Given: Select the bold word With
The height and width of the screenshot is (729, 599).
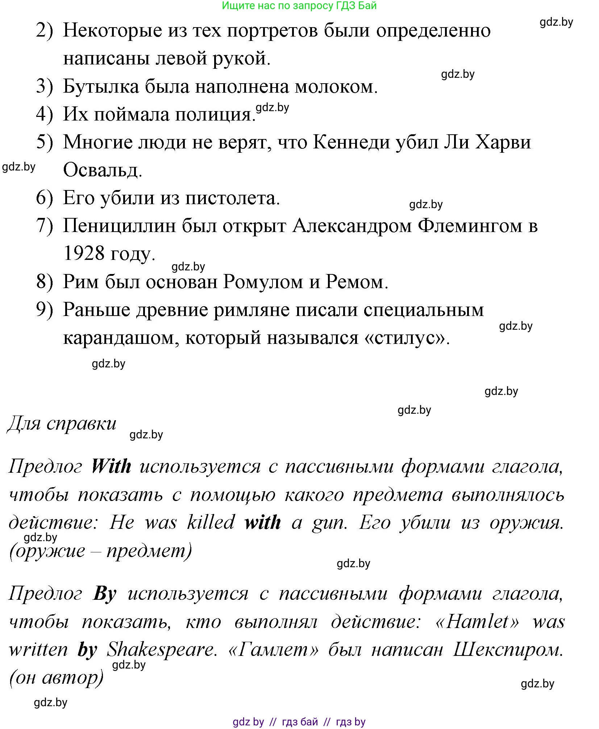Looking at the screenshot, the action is pos(111,466).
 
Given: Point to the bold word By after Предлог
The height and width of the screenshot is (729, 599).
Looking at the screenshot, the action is pos(105,594).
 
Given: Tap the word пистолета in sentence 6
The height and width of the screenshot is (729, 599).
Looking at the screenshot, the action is pos(232,198).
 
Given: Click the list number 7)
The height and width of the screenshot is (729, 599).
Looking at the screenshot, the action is pos(44,226).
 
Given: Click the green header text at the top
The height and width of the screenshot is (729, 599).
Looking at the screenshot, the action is pos(299,5).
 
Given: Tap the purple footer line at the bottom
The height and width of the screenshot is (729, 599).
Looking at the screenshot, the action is pos(299,722).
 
